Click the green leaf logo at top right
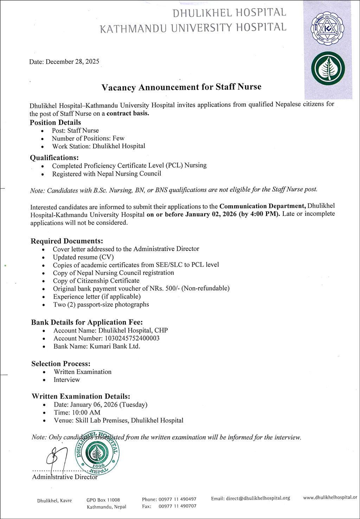[328, 69]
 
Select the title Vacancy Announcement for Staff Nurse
[181, 87]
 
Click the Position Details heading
[55, 122]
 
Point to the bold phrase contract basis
[128, 113]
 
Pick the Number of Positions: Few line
[88, 138]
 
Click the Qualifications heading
[54, 158]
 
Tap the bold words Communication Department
[263, 206]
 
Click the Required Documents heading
[67, 241]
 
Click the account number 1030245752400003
[132, 338]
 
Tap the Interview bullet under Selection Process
[67, 380]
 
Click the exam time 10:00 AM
[86, 412]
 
